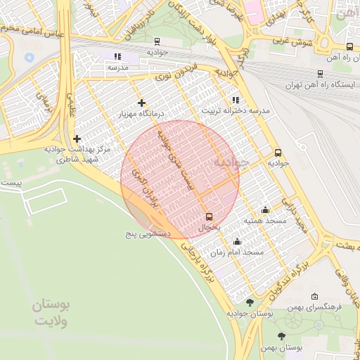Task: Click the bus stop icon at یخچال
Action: click(x=209, y=217)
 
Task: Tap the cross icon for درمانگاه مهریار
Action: click(x=141, y=103)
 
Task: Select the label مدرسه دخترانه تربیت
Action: click(x=236, y=111)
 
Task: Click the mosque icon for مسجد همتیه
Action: click(x=264, y=210)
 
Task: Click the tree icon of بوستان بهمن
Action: click(x=281, y=337)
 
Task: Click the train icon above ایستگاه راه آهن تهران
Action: click(x=321, y=73)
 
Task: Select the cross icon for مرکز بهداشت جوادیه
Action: click(x=77, y=139)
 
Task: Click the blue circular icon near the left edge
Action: click(x=29, y=57)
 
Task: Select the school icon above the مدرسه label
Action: click(x=117, y=56)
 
